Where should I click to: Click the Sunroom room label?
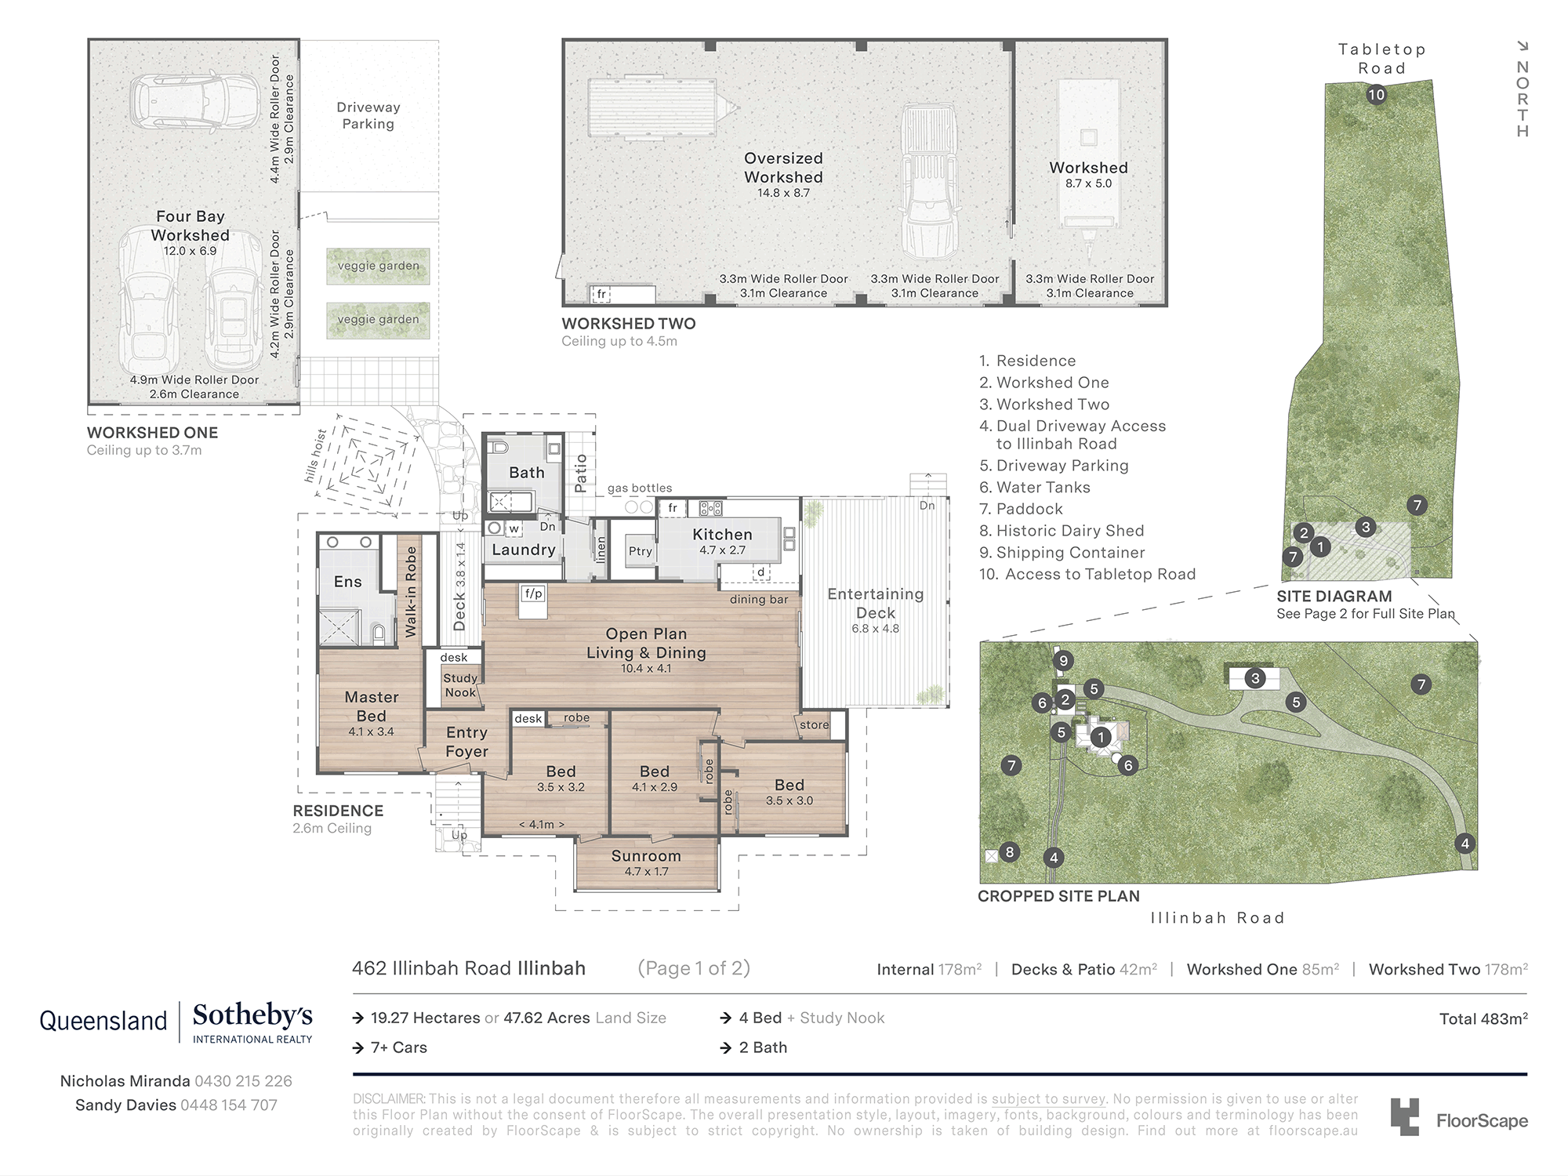click(x=646, y=856)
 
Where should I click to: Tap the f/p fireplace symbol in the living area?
click(x=534, y=593)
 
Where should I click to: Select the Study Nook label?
click(x=460, y=685)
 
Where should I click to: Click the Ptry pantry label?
click(x=640, y=551)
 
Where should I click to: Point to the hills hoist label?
click(x=316, y=456)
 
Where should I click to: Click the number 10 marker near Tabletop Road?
click(x=1376, y=95)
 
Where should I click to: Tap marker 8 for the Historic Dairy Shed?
click(x=1009, y=852)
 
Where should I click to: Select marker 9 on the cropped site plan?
click(x=1063, y=661)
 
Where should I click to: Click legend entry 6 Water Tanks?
click(x=1035, y=487)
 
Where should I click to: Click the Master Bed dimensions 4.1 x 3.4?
click(x=372, y=731)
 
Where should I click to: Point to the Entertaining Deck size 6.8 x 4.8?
click(x=875, y=629)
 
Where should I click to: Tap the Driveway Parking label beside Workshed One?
click(x=368, y=115)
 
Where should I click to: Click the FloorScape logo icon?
click(x=1404, y=1116)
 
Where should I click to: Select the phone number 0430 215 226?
click(x=243, y=1081)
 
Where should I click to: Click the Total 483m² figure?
click(x=1483, y=1018)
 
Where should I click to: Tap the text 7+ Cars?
click(x=398, y=1047)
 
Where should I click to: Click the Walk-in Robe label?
click(x=411, y=592)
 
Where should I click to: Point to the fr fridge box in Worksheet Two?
click(x=601, y=295)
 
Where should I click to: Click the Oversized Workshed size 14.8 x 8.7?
click(x=783, y=193)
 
